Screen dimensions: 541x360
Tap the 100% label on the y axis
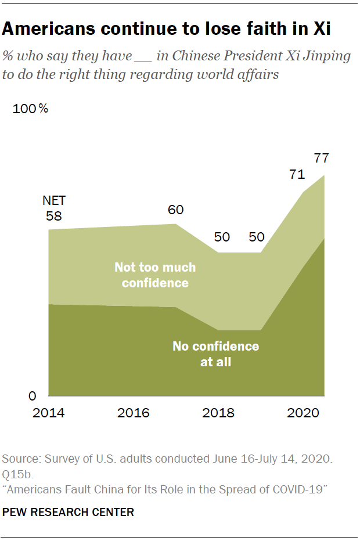point(30,109)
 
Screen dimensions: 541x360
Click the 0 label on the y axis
point(33,396)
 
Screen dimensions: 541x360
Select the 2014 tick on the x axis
point(48,413)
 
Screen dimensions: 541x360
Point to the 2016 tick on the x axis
point(133,413)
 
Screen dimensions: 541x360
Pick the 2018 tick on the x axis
point(218,413)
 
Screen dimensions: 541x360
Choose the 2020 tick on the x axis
point(303,413)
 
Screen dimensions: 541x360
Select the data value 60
point(175,210)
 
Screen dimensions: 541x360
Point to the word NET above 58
point(54,201)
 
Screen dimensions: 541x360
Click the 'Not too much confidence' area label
point(155,275)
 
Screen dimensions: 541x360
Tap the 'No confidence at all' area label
point(215,354)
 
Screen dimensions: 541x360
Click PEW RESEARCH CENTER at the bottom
point(69,512)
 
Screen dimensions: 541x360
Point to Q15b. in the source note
point(17,473)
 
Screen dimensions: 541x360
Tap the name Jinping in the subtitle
point(327,56)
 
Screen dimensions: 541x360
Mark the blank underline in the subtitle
point(143,60)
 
